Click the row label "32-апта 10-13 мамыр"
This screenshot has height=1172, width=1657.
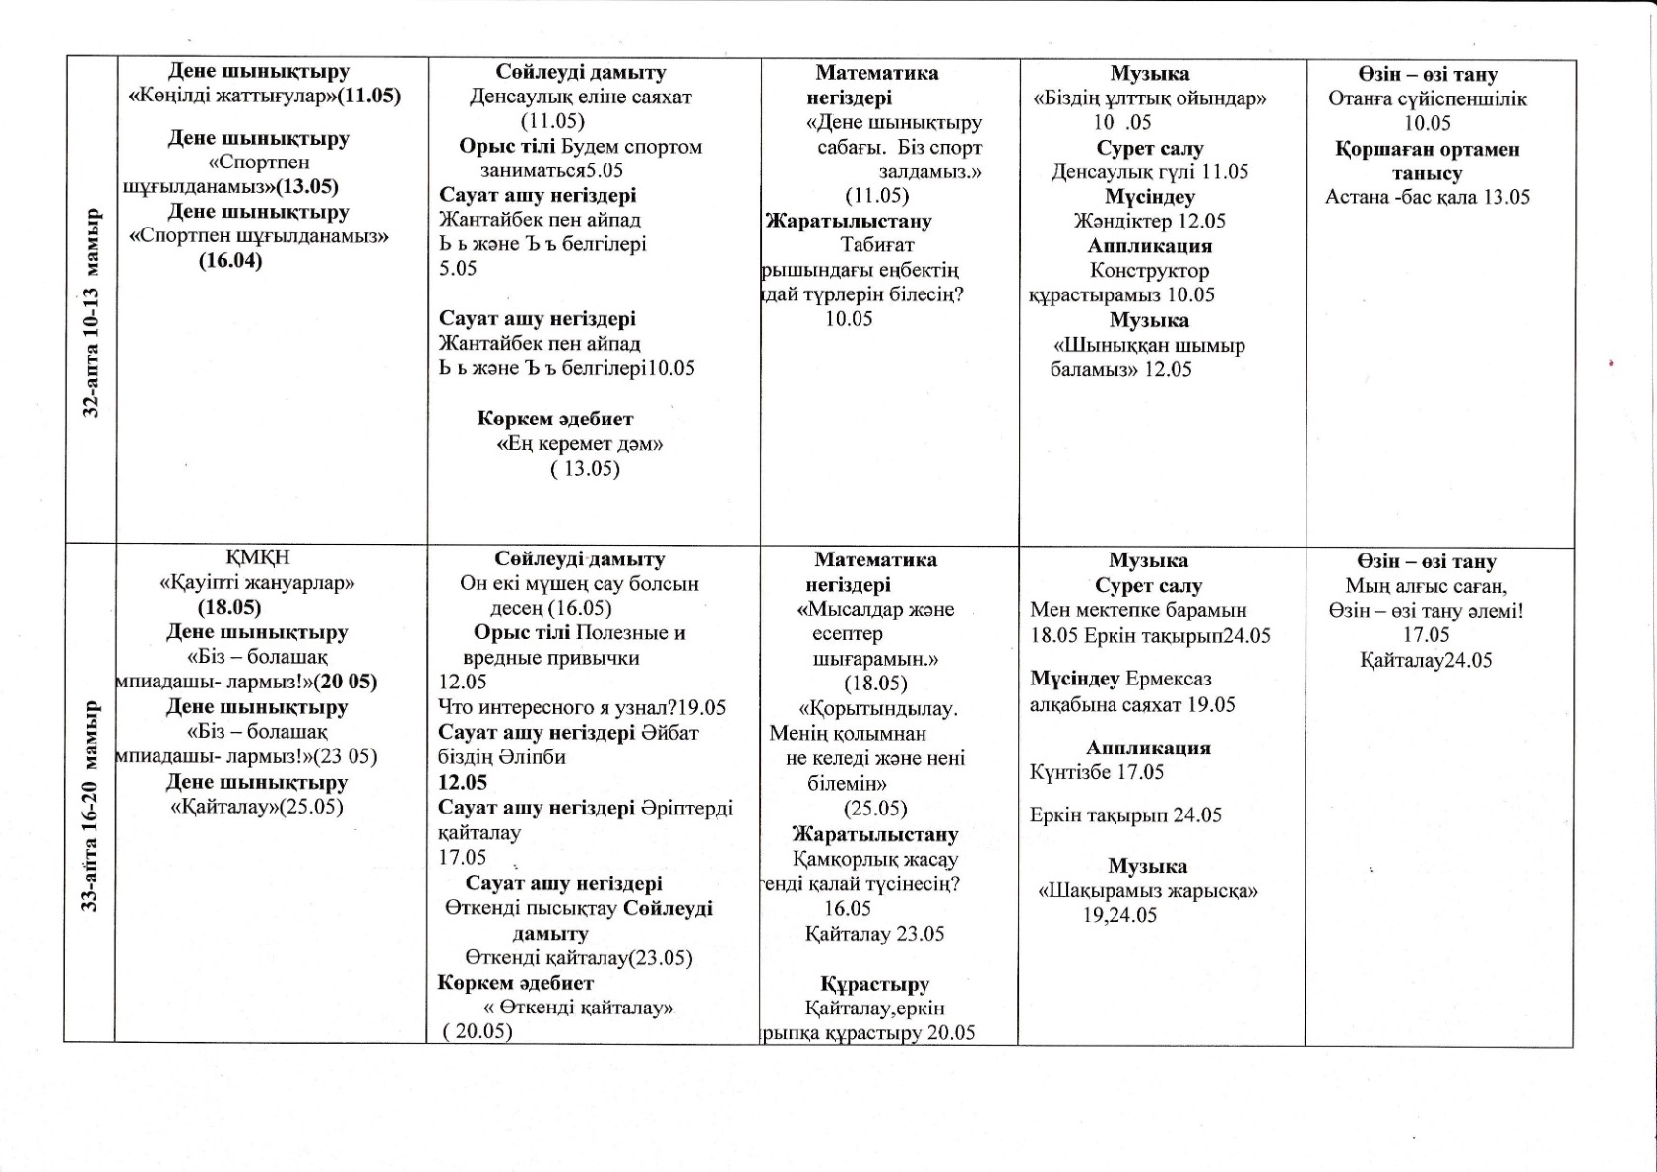click(x=91, y=312)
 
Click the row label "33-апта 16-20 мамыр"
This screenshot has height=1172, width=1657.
click(x=91, y=806)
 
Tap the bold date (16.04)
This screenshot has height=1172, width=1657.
click(x=230, y=261)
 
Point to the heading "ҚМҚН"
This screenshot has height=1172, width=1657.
click(x=258, y=557)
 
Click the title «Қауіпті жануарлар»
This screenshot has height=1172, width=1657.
click(x=257, y=582)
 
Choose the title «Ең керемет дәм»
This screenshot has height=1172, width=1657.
click(x=580, y=443)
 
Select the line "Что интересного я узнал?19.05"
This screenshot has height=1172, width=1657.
click(x=582, y=707)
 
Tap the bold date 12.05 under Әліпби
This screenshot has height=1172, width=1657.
click(x=463, y=782)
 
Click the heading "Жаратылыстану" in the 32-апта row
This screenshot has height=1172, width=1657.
click(x=849, y=221)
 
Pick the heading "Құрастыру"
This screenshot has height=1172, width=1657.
click(x=874, y=983)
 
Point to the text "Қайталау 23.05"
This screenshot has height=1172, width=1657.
click(x=874, y=933)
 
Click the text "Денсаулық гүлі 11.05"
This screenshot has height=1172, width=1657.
click(x=1149, y=171)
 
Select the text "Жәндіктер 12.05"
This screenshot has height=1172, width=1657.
click(x=1149, y=221)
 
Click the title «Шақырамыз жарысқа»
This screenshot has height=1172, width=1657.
click(x=1148, y=891)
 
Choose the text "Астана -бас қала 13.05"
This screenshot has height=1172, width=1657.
click(x=1427, y=197)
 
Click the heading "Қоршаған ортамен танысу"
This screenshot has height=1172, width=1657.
click(x=1427, y=161)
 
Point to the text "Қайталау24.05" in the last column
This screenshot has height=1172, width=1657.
click(x=1426, y=660)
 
